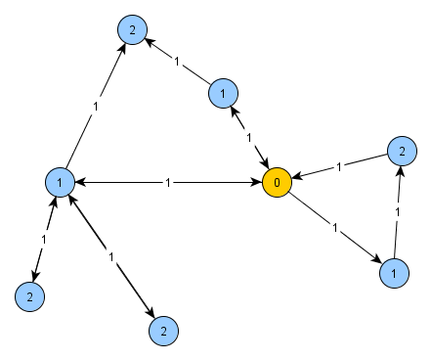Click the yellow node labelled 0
pyautogui.click(x=278, y=182)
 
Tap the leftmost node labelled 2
pyautogui.click(x=29, y=294)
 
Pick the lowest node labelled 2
pyautogui.click(x=163, y=331)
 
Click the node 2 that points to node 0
pyautogui.click(x=399, y=151)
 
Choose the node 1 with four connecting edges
pyautogui.click(x=61, y=182)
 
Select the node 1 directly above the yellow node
pyautogui.click(x=224, y=93)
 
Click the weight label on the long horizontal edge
pyautogui.click(x=169, y=182)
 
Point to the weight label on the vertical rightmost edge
pyautogui.click(x=397, y=211)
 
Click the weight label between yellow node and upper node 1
pyautogui.click(x=250, y=137)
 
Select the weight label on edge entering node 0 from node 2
pyautogui.click(x=338, y=166)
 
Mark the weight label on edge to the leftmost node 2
pyautogui.click(x=45, y=239)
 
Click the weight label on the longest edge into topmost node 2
pyautogui.click(x=95, y=106)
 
